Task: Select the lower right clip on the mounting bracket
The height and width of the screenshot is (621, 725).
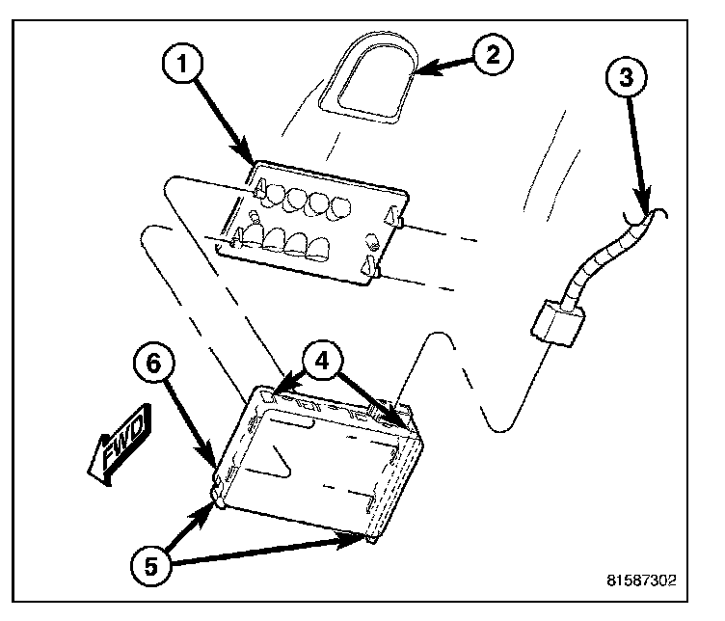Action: [x=368, y=263]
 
